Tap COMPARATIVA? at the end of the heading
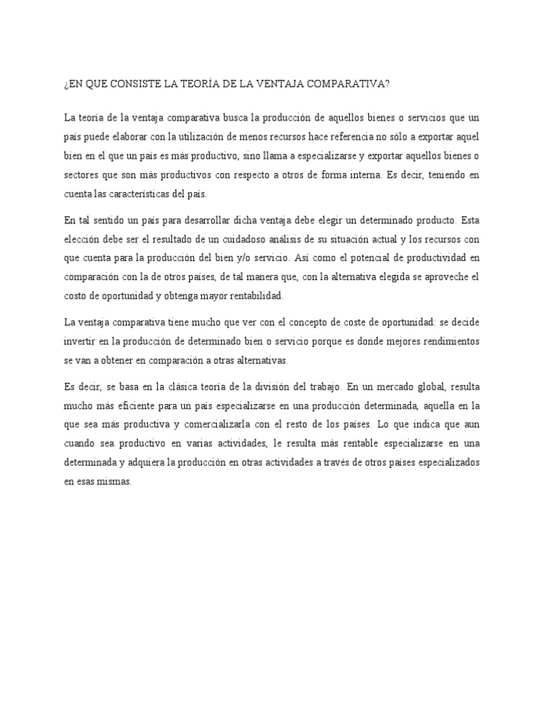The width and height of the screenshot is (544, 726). (350, 84)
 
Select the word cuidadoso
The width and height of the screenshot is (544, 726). (251, 238)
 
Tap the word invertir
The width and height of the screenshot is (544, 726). (80, 341)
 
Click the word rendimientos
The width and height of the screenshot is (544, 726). (444, 341)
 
